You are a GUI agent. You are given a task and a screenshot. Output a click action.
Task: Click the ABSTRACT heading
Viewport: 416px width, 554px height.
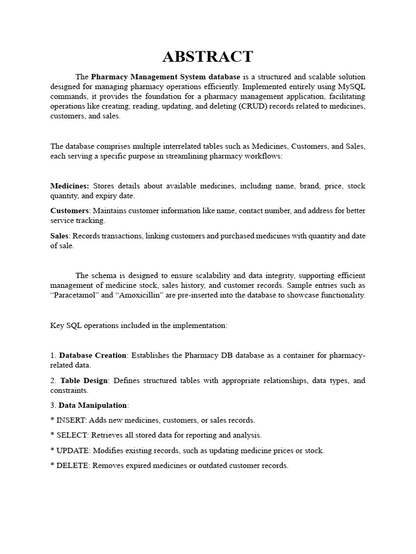point(208,56)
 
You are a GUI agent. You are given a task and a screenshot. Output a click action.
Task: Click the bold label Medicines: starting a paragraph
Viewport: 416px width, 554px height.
point(70,186)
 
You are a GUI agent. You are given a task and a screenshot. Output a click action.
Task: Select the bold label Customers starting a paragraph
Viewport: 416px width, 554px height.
point(69,210)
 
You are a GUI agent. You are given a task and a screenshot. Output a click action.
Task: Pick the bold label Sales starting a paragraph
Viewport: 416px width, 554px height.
point(60,235)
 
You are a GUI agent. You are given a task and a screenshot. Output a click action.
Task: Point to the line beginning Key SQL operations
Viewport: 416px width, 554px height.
point(139,325)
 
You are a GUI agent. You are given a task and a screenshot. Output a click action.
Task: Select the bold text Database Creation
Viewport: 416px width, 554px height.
point(93,355)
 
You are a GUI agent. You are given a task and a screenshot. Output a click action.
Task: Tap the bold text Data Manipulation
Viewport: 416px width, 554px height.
point(93,405)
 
